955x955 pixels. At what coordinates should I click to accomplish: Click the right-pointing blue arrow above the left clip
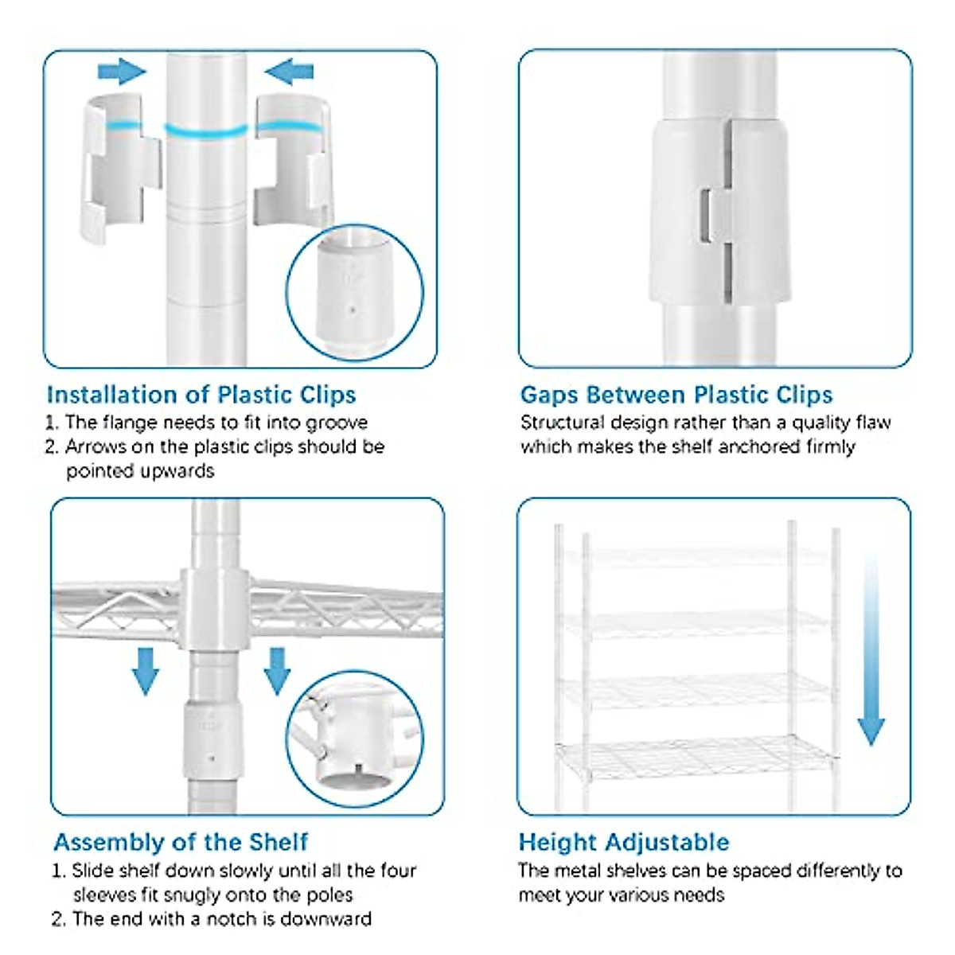pos(122,72)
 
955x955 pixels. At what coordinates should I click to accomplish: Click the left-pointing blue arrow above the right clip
pos(289,72)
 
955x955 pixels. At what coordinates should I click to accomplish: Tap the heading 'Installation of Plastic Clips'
pos(201,395)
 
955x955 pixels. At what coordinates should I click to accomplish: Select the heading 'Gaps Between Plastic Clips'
pos(676,395)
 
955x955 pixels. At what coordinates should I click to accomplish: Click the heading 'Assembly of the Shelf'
pos(181,842)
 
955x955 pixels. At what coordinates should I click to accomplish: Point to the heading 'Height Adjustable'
pos(624,842)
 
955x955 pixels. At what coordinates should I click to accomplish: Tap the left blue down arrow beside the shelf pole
pos(145,672)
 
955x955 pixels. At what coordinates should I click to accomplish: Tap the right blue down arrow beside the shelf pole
pos(277,672)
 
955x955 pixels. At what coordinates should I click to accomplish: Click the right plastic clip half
pos(293,161)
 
